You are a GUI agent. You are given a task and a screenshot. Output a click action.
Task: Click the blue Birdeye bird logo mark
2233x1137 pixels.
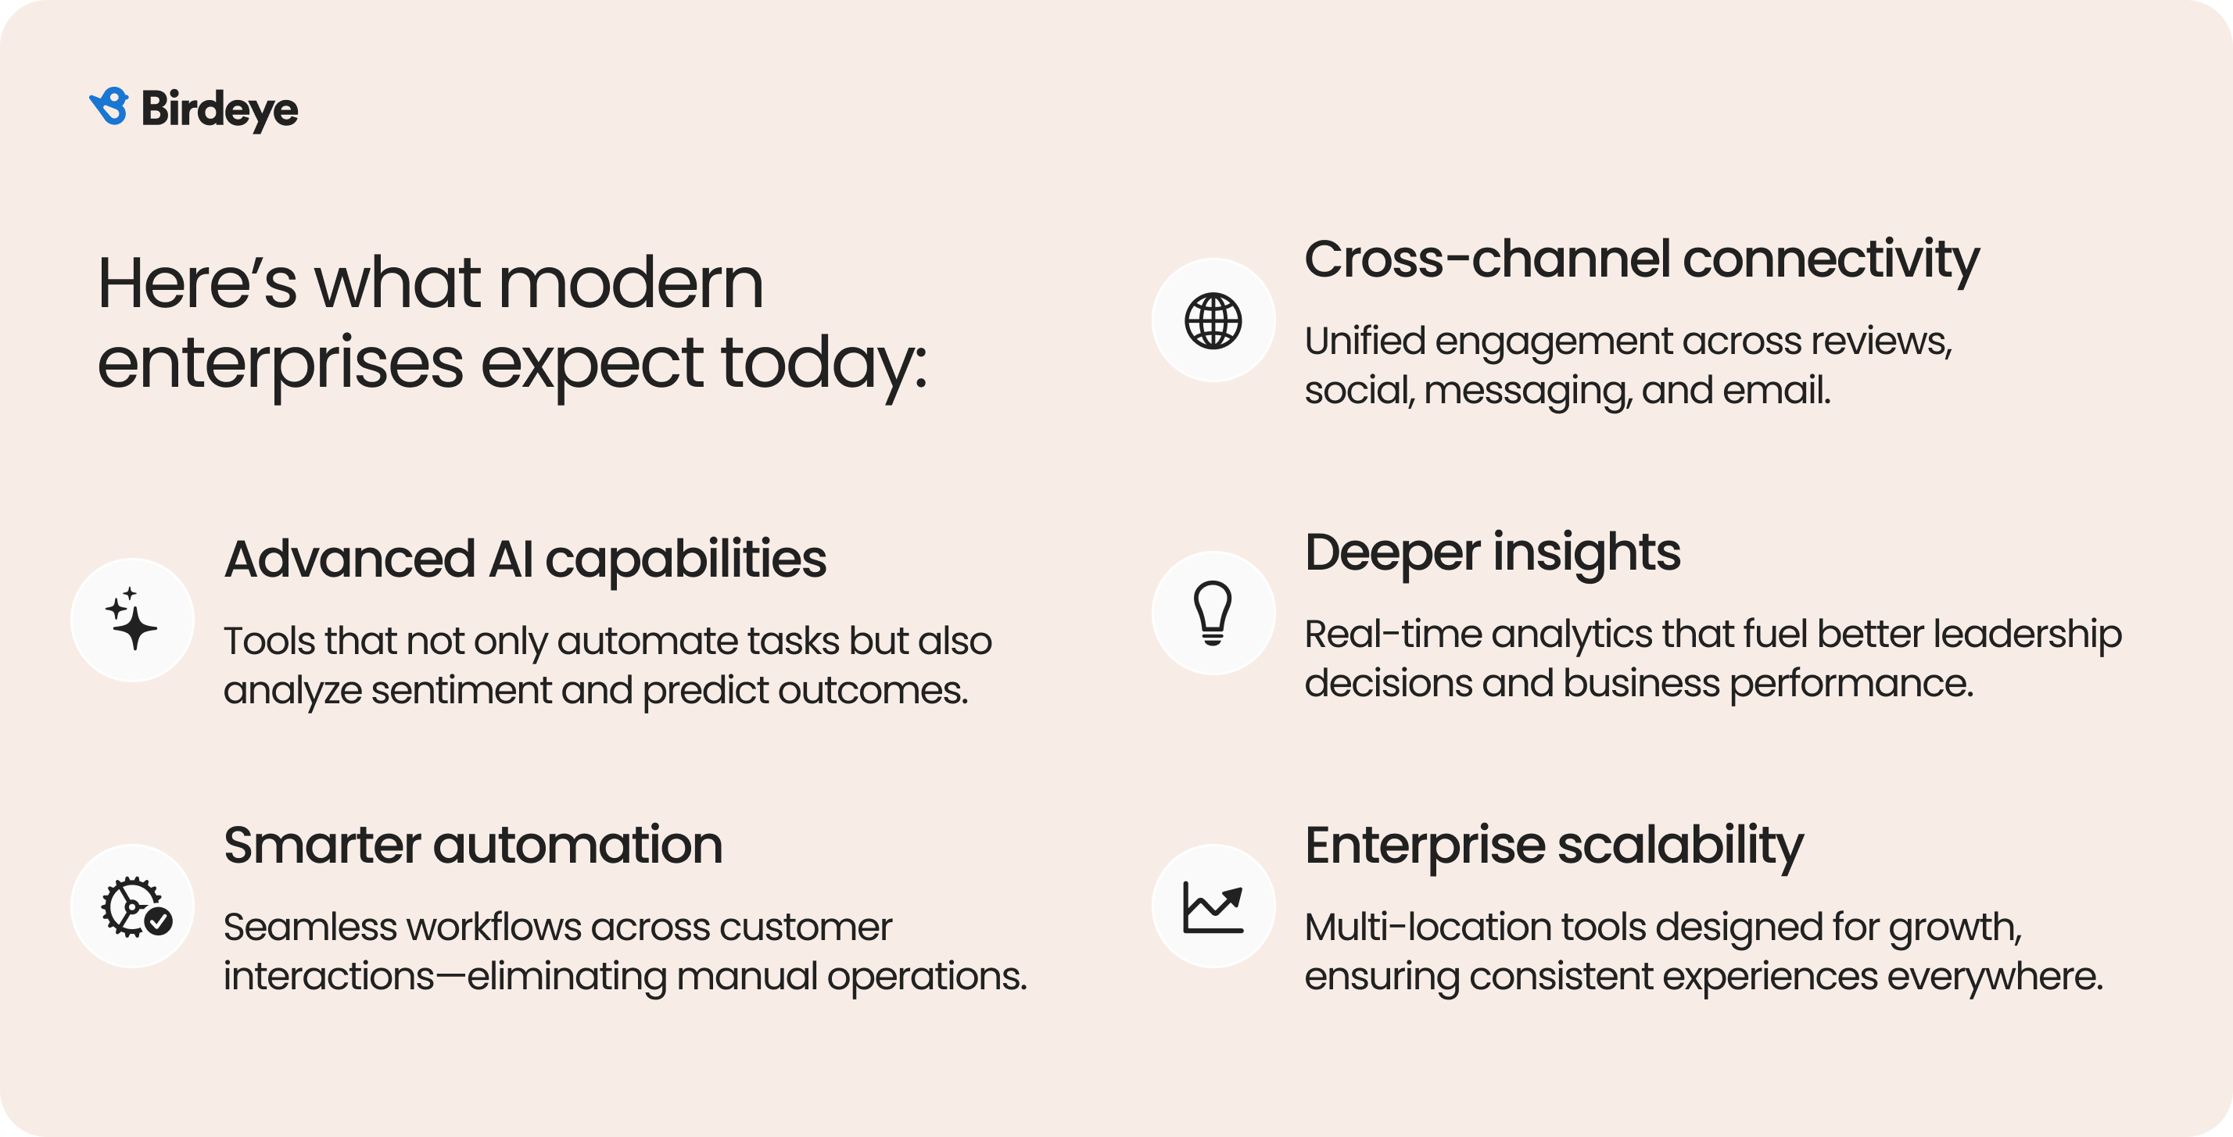coord(109,106)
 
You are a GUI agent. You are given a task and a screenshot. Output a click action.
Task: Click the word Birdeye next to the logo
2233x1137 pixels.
coord(219,110)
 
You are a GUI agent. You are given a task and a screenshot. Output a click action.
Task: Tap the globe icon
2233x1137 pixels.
coord(1213,320)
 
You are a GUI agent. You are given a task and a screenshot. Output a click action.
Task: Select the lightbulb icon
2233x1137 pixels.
coord(1213,613)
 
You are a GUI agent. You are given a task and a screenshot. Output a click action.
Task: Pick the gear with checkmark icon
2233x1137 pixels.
coord(134,906)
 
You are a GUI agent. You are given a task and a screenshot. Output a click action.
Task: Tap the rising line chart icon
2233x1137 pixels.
coord(1213,906)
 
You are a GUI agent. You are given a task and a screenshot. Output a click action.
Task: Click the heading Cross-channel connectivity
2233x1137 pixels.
coord(1641,259)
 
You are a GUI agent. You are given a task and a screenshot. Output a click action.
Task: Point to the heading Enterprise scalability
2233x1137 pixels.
coord(1554,845)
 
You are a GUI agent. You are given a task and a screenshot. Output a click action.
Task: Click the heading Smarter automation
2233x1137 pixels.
coord(472,845)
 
